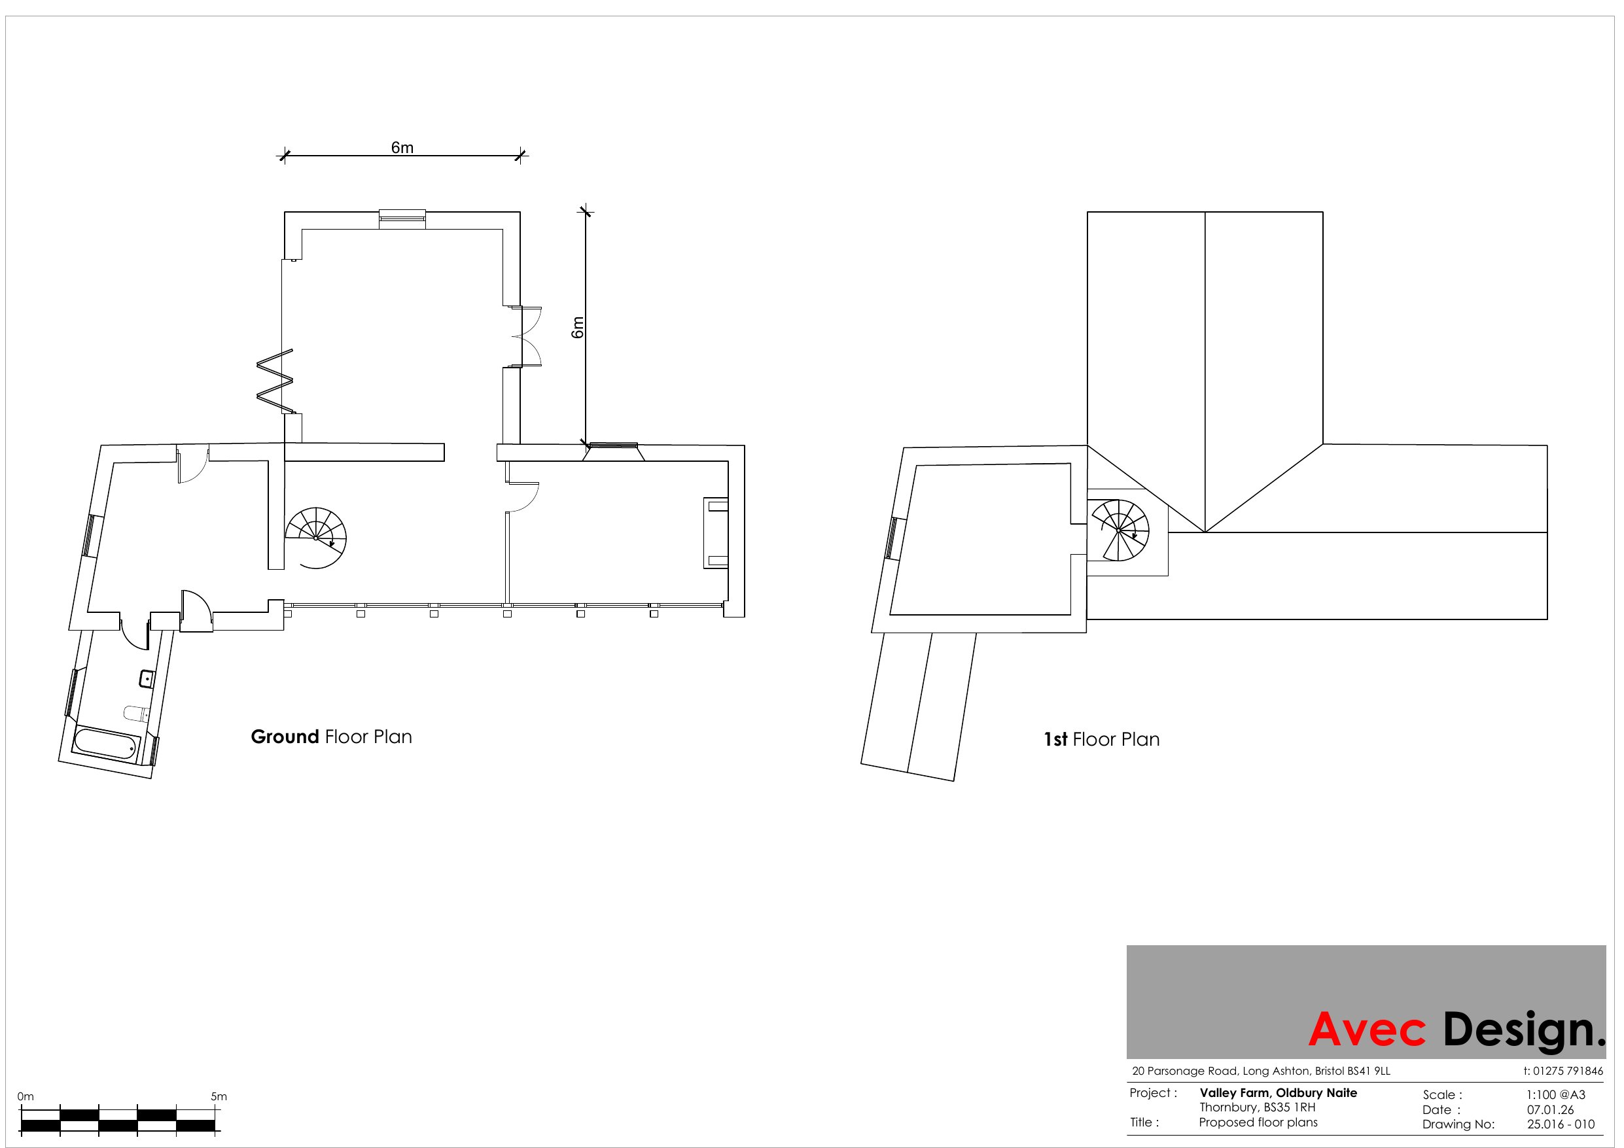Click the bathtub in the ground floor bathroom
[x=107, y=745]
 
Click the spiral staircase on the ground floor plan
[x=316, y=538]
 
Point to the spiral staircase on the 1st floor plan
[x=1118, y=530]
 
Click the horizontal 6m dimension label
[x=402, y=148]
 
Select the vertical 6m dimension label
[x=578, y=328]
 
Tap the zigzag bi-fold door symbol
[x=274, y=381]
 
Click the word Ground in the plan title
[x=285, y=737]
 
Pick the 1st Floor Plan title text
[x=1102, y=740]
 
